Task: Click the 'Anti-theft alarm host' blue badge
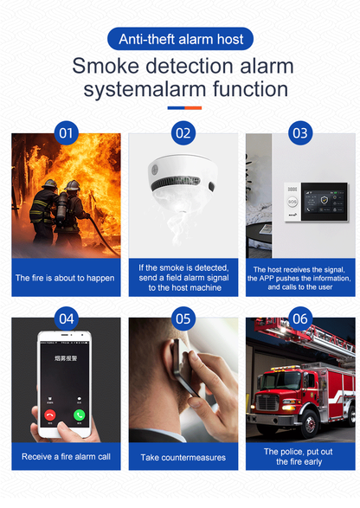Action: [x=180, y=38]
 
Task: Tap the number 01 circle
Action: [x=66, y=133]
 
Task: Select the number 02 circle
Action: [x=183, y=133]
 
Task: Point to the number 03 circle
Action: [x=299, y=133]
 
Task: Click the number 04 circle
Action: [x=66, y=318]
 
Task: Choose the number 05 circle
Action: [x=183, y=318]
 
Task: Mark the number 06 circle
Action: [x=299, y=318]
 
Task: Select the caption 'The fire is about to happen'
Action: [x=66, y=278]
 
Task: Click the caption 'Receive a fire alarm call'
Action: [x=66, y=456]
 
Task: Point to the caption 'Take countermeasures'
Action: [x=183, y=457]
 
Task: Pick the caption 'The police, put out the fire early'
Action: [x=299, y=456]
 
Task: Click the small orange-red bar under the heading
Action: [x=192, y=108]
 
